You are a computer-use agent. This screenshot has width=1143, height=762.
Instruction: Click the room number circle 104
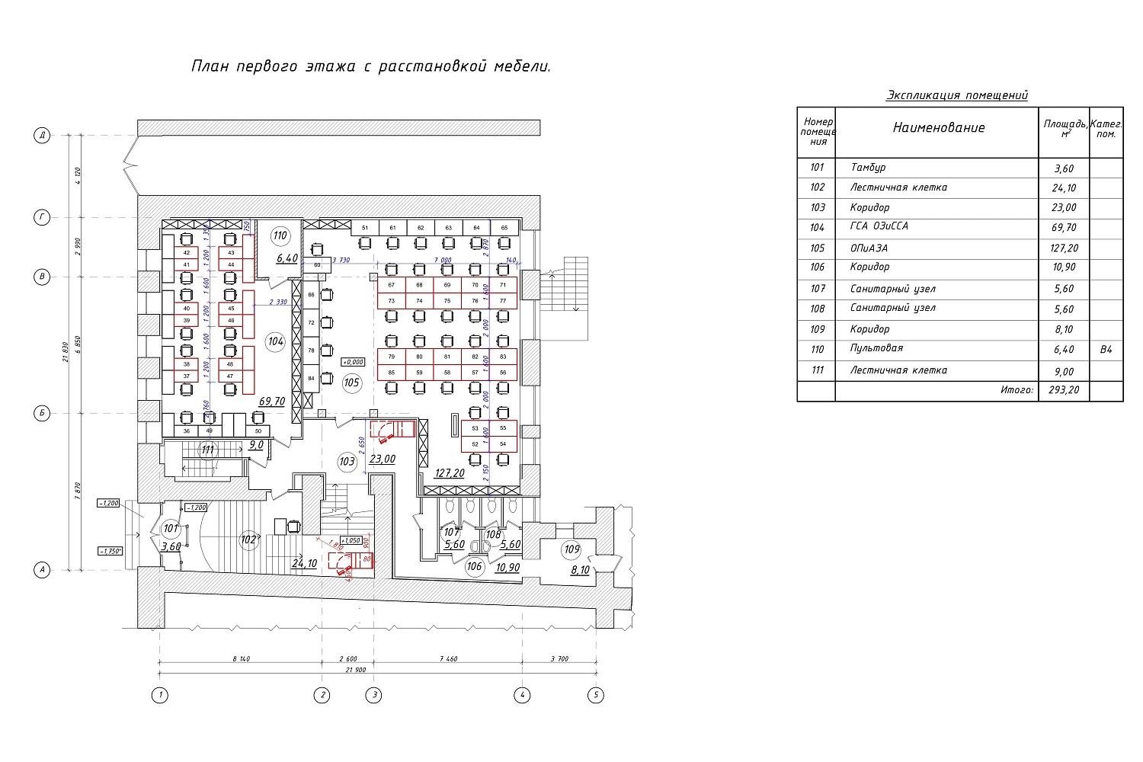pyautogui.click(x=276, y=341)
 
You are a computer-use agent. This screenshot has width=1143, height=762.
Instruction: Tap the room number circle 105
pyautogui.click(x=351, y=383)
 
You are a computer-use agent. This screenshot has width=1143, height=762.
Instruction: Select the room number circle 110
pyautogui.click(x=280, y=235)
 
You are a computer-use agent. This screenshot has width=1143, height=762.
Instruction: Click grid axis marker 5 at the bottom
pyautogui.click(x=596, y=695)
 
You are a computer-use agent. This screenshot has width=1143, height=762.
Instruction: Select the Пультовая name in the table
pyautogui.click(x=876, y=348)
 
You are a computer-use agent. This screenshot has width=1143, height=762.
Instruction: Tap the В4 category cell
pyautogui.click(x=1106, y=350)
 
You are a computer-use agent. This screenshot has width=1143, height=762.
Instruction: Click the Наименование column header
pyautogui.click(x=939, y=128)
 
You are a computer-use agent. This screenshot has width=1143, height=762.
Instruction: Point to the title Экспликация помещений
pyautogui.click(x=957, y=95)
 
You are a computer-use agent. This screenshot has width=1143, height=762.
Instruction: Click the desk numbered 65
pyautogui.click(x=504, y=228)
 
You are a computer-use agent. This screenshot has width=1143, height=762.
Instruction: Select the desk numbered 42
pyautogui.click(x=187, y=253)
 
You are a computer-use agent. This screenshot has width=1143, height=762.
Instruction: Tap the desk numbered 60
pyautogui.click(x=317, y=265)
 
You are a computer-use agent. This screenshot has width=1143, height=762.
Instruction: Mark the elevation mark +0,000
pyautogui.click(x=353, y=362)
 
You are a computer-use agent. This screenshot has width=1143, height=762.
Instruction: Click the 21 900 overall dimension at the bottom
pyautogui.click(x=356, y=670)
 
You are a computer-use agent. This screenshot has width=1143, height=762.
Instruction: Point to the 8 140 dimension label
pyautogui.click(x=241, y=659)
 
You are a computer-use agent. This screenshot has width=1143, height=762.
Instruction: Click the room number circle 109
pyautogui.click(x=571, y=549)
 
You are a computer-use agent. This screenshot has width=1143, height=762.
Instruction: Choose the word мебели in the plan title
pyautogui.click(x=524, y=67)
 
